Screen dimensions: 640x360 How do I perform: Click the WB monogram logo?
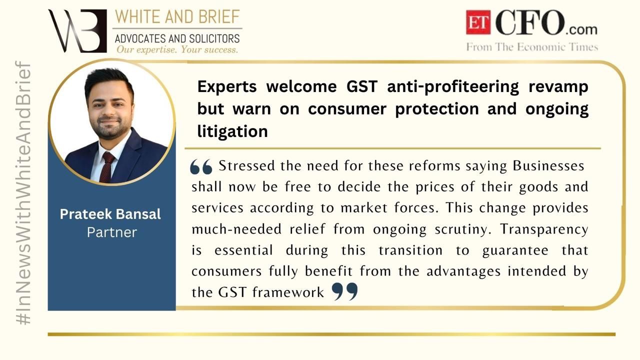(77, 31)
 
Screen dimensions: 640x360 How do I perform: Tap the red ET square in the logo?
(478, 22)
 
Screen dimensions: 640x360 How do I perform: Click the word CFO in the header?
(530, 22)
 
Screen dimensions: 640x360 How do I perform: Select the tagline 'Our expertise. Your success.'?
(177, 49)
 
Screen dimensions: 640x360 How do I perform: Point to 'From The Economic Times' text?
(532, 47)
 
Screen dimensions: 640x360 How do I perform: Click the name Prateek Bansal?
(110, 214)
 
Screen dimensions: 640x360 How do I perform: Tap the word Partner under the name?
(112, 232)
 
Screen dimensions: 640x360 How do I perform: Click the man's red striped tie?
(107, 167)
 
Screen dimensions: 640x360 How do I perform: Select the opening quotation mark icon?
(201, 166)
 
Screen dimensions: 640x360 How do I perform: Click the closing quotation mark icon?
(345, 291)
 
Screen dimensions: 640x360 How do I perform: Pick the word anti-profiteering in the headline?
(453, 86)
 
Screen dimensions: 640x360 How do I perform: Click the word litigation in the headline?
(232, 131)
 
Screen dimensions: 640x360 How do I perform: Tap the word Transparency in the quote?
(544, 229)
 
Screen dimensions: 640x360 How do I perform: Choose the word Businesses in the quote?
(548, 165)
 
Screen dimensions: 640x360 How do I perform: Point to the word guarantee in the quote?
(515, 251)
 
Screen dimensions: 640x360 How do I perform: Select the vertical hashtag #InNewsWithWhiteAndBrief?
(23, 193)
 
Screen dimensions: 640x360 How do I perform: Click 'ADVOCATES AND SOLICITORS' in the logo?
(177, 38)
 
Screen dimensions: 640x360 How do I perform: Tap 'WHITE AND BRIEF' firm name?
(177, 17)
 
